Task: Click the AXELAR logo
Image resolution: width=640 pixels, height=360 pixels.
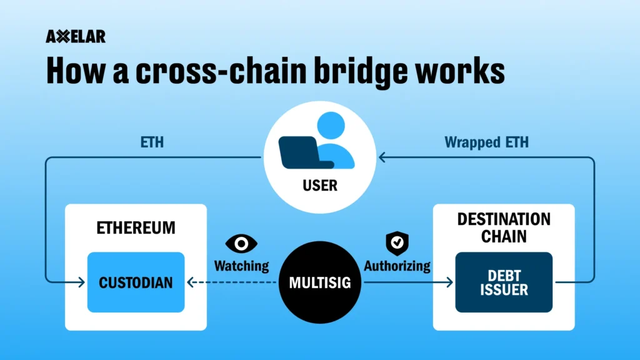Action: [76, 37]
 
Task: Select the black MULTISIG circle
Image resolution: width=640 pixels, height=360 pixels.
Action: [319, 282]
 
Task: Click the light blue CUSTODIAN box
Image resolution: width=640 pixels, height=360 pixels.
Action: [136, 282]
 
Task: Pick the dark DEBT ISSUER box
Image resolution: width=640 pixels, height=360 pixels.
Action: [504, 282]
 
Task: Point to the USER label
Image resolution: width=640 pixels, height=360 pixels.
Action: [319, 186]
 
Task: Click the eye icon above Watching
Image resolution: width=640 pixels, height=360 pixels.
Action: [241, 243]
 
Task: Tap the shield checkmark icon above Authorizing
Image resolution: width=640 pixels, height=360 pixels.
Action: [396, 241]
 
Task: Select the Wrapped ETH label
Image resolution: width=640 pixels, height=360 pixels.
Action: [486, 142]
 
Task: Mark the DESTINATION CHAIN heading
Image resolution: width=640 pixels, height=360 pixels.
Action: [504, 228]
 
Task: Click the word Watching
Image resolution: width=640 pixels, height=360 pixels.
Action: [241, 266]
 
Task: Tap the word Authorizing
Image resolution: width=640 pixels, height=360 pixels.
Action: [397, 266]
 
